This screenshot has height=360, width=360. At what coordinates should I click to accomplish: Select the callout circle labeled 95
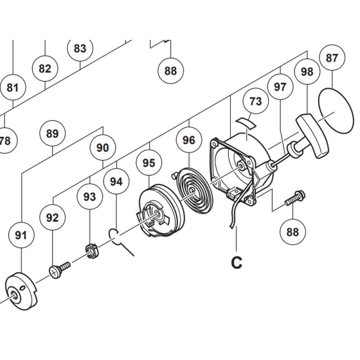click(x=148, y=163)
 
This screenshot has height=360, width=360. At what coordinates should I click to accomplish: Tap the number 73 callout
click(x=256, y=102)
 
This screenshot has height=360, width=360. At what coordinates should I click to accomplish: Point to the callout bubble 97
click(x=280, y=87)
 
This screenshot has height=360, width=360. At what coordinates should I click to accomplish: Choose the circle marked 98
click(x=307, y=71)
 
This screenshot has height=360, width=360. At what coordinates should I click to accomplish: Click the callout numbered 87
click(x=332, y=58)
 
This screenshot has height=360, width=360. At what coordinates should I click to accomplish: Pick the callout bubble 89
click(x=52, y=134)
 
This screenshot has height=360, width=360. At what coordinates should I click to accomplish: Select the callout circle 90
click(x=103, y=147)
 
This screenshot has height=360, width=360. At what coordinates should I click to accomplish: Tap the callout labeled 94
click(x=116, y=182)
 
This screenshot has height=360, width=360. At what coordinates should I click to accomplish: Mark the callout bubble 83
click(x=80, y=48)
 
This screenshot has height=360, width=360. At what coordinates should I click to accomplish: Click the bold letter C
click(x=237, y=262)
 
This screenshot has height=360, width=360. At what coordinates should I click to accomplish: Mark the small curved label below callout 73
click(x=246, y=120)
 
